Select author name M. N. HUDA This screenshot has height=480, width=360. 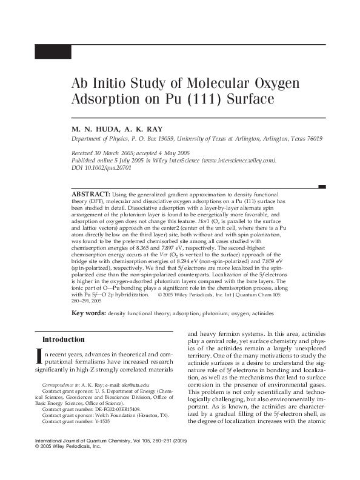click(95, 129)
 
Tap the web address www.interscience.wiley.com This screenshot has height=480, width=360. click(237, 161)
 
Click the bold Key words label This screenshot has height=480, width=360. click(89, 313)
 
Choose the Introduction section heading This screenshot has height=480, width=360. click(63, 339)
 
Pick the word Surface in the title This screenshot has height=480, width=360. click(243, 99)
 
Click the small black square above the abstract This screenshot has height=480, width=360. click(322, 186)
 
